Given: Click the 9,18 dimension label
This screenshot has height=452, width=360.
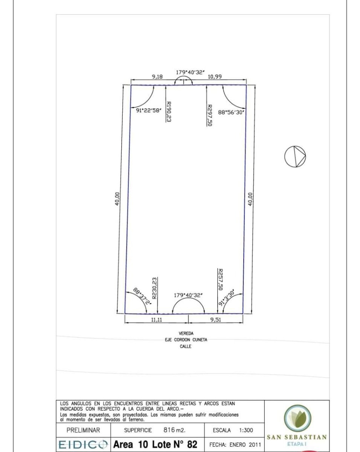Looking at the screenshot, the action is coord(157,77).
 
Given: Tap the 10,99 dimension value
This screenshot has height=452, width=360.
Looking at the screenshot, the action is coord(215,77).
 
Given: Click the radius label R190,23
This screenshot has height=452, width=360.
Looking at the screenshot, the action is coord(168,112).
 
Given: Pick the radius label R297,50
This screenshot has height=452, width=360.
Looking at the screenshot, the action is coord(209,115).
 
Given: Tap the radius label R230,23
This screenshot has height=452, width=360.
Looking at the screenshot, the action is coord(154,289).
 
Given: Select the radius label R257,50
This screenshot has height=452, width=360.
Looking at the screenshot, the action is coord(220,279).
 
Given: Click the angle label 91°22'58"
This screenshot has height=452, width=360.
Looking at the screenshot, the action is coord(149,110).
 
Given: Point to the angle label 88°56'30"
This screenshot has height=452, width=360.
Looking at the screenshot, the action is coord(231,112).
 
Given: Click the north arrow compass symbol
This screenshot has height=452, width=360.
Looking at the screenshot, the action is coord(295,157).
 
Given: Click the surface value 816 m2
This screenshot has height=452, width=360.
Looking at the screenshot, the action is coord(174,430).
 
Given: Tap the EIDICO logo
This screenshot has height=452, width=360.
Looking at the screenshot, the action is coord(83,444).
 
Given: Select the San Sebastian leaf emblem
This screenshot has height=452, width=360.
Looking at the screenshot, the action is coord(297,418).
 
